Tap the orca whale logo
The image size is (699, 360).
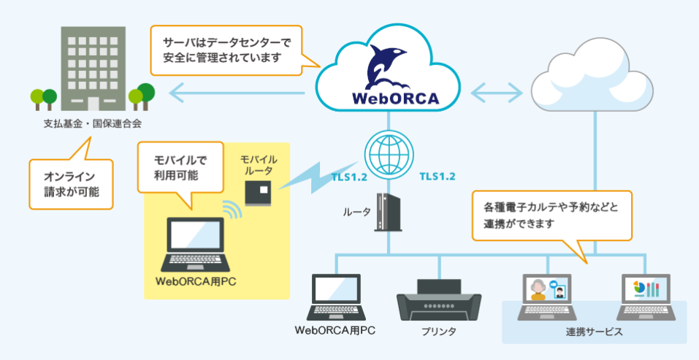[386, 66]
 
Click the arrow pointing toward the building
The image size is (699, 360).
[236, 93]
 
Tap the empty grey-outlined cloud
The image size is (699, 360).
[592, 75]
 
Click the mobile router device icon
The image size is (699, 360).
[258, 194]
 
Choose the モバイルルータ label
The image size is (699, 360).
[259, 164]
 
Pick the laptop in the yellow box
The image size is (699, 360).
[196, 245]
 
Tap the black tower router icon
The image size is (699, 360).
[388, 212]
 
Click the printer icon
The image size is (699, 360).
[439, 300]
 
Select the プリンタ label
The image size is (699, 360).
[439, 332]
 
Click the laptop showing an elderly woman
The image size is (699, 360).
[547, 297]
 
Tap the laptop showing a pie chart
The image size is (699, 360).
[646, 297]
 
